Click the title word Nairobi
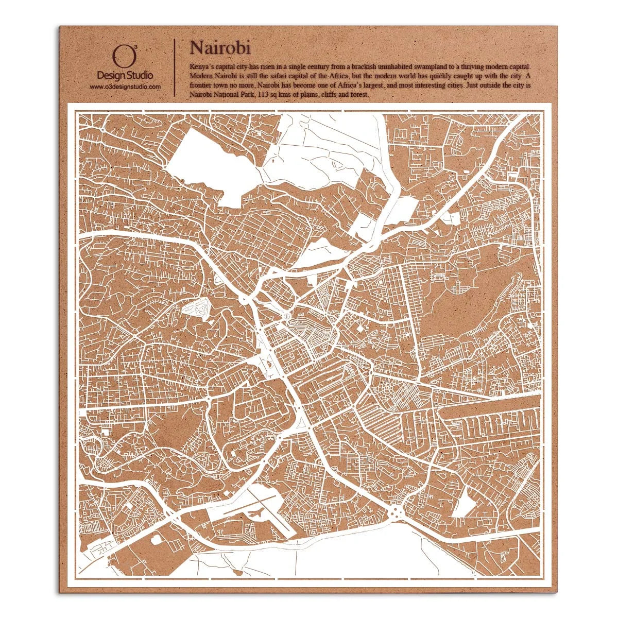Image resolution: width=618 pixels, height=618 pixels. (x=220, y=47)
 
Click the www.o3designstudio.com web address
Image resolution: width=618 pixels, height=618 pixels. (x=125, y=87)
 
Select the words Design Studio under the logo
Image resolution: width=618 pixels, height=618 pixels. (x=125, y=76)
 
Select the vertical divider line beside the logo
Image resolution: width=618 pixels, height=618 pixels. (x=176, y=67)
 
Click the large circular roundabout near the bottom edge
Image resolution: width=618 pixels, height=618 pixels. (x=396, y=512)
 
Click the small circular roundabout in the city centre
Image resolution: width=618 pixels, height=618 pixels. (x=286, y=315)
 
